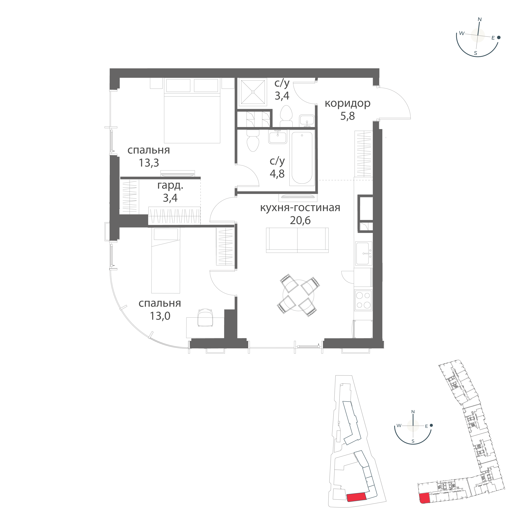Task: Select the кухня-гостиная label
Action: (x=300, y=208)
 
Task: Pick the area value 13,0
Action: (x=160, y=316)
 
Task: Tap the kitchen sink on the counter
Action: (x=364, y=253)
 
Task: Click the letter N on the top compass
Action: (x=480, y=20)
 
